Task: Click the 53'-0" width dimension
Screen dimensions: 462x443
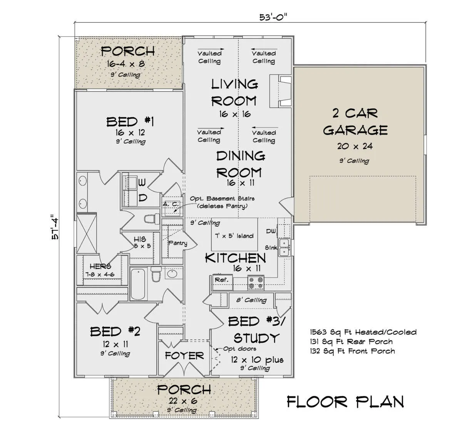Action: [x=273, y=17]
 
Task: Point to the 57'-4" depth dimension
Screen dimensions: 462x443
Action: [x=55, y=227]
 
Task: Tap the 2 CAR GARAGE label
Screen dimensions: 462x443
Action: [x=355, y=121]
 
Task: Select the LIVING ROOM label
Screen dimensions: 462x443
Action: [x=234, y=93]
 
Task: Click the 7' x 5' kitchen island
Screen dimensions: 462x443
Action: [x=234, y=234]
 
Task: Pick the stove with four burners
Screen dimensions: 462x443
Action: [x=256, y=283]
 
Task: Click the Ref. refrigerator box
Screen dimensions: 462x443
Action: [x=223, y=283]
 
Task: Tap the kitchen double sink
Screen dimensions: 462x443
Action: [x=284, y=247]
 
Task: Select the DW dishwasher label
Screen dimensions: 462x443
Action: [x=271, y=231]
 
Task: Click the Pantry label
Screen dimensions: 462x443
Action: [x=177, y=243]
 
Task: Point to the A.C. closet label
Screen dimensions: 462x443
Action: [x=171, y=204]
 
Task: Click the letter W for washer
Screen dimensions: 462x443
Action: [x=142, y=182]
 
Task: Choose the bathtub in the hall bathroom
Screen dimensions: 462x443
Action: [x=138, y=284]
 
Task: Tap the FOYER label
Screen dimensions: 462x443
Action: [x=184, y=356]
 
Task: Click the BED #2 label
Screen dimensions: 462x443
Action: [x=115, y=332]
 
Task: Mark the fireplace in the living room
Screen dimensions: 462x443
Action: [x=280, y=91]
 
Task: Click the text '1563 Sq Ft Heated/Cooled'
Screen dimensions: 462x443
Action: [x=363, y=332]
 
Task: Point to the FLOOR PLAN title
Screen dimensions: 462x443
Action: [x=345, y=402]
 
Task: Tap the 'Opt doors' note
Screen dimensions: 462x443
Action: [x=239, y=349]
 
